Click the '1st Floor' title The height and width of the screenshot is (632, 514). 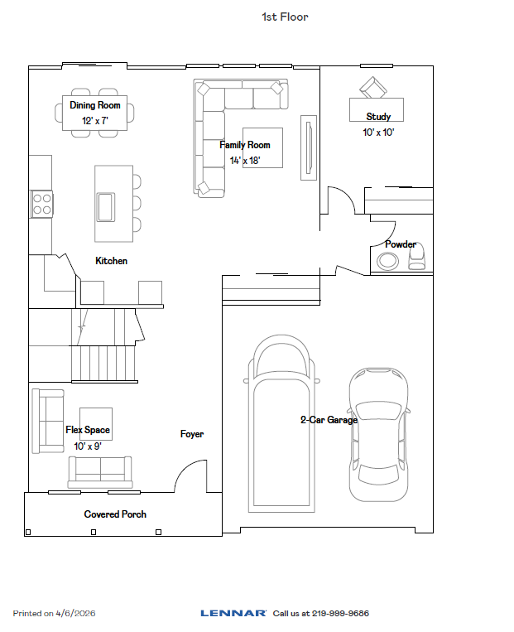coord(284,17)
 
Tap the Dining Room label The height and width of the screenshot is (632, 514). coord(95,105)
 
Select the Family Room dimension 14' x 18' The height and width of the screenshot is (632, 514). coord(245,161)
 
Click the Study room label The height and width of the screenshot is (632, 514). coord(378,117)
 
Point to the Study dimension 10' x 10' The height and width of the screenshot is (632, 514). coord(378,132)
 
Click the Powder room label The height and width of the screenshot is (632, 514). coord(400,244)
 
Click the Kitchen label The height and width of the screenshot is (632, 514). coord(111,261)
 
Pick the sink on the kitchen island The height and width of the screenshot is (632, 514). coord(105,205)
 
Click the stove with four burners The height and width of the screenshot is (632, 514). coord(41,204)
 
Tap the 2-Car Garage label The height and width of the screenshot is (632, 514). coord(329,420)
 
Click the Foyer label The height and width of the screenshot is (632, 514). coord(192,434)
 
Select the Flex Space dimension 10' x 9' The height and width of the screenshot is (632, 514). coord(88,446)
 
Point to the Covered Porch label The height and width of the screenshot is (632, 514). coord(115,514)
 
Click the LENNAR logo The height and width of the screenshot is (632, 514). coord(233,614)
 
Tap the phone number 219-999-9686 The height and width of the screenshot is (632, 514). coord(339,614)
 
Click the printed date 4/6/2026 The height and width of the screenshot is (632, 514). coord(75,614)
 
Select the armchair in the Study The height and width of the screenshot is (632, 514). coord(372,87)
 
